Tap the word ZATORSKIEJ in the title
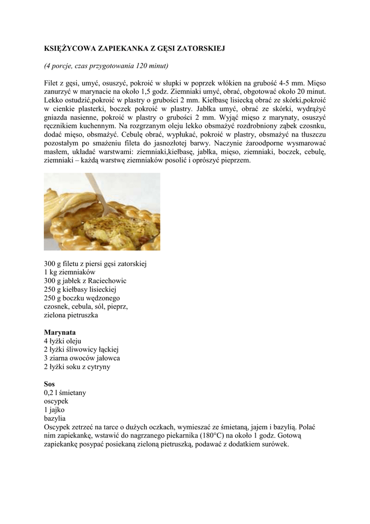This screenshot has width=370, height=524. tap(200, 48)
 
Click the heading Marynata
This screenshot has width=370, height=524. tap(60, 332)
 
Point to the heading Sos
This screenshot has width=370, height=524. tap(50, 384)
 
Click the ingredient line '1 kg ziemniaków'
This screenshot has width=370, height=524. tap(70, 272)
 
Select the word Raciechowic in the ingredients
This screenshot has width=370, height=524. tap(107, 281)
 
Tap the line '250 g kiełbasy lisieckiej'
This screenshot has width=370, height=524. tap(81, 289)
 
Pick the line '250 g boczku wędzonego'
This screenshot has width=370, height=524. tap(82, 298)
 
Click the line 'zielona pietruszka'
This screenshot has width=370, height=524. tap(71, 315)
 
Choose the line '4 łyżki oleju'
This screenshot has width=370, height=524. tap(62, 341)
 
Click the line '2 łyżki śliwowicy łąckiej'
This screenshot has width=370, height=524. tap(81, 350)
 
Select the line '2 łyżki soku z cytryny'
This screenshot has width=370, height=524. tap(77, 367)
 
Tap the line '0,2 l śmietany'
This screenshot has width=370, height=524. tap(65, 392)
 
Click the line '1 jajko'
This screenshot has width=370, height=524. tap(54, 410)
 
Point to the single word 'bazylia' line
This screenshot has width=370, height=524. tap(55, 419)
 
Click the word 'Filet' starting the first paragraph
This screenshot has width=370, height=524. tap(52, 82)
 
